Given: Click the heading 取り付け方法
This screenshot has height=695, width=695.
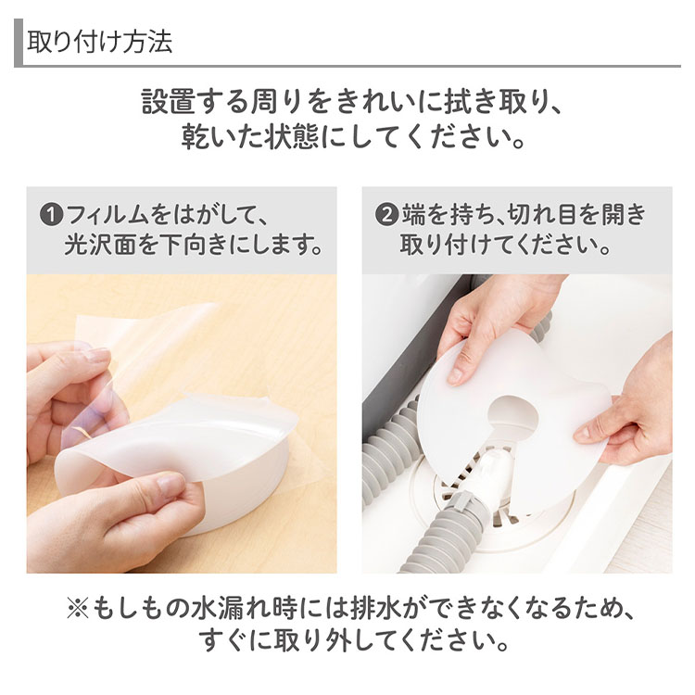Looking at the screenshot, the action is tap(100, 42).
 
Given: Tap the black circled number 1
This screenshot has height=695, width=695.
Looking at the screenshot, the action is tap(51, 215).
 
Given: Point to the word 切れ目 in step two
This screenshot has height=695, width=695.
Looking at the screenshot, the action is tap(542, 215).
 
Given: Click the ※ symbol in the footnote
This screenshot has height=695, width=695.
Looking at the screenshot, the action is tap(78, 608).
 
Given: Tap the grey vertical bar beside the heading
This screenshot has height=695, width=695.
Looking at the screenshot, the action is tap(19, 43).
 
